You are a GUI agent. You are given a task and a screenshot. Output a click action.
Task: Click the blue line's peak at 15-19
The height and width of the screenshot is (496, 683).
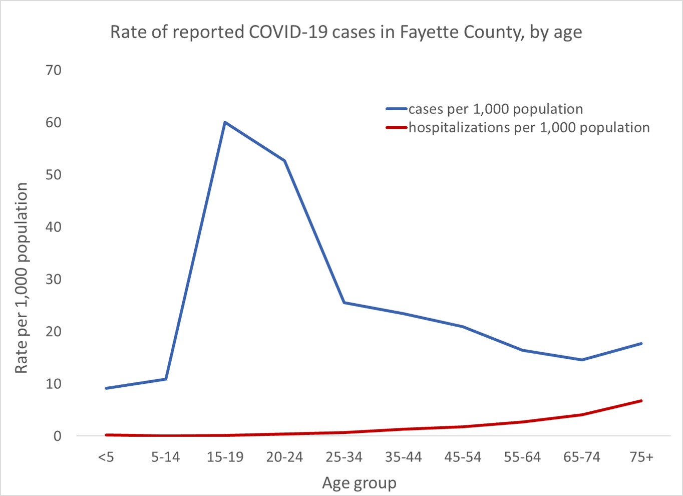(225, 122)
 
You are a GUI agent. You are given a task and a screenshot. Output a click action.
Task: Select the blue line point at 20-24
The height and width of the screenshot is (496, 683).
(284, 161)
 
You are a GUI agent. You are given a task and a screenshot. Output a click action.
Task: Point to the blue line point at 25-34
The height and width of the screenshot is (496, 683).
(344, 303)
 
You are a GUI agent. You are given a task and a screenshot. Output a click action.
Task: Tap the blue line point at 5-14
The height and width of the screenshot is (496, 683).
(165, 379)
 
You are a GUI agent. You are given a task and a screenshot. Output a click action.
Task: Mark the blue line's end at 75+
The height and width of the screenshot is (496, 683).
(641, 343)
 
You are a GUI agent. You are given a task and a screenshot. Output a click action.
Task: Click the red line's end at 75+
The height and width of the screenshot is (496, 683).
(641, 401)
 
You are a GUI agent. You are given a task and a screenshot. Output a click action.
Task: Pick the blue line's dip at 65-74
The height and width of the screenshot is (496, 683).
(582, 360)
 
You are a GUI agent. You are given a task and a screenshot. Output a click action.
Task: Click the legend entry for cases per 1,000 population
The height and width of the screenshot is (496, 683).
(495, 109)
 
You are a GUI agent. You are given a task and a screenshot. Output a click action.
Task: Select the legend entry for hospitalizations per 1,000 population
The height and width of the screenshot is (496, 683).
(529, 128)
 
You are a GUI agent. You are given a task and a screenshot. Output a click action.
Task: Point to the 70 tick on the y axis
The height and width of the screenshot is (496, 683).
(53, 70)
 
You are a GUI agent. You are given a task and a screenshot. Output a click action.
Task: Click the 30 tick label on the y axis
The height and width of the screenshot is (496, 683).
(53, 279)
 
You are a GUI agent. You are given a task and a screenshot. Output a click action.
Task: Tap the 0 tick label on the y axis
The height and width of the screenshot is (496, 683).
(58, 436)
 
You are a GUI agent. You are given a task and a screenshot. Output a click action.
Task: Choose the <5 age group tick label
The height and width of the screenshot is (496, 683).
(106, 457)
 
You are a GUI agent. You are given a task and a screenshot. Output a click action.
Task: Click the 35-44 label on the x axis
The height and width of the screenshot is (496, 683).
(404, 457)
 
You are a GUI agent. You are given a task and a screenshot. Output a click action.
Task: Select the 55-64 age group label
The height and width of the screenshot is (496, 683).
(522, 457)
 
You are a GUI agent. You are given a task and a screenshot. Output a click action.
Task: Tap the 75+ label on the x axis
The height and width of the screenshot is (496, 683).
(641, 457)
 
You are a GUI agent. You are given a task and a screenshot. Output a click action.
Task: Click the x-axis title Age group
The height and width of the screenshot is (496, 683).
(359, 483)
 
